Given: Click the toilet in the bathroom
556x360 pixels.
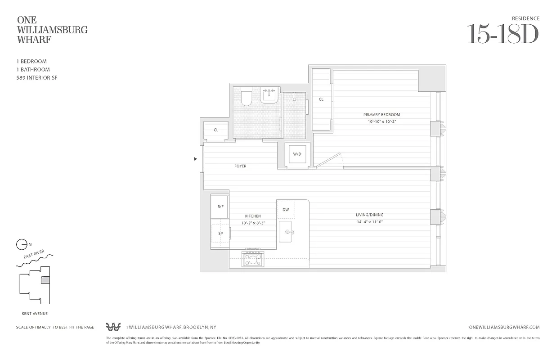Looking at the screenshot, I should point(246,96).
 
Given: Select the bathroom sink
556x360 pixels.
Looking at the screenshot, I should point(269,96).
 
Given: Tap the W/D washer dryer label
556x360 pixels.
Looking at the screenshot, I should point(297,154).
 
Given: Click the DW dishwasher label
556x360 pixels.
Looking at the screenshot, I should point(286,210).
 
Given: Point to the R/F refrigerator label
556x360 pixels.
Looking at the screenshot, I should point(220,207).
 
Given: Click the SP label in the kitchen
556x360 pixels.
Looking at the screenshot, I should point(220,234).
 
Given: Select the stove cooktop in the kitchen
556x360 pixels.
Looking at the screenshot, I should point(253,259).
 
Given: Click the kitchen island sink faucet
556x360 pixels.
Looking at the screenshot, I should point(289,232).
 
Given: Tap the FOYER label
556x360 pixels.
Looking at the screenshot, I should point(240,166).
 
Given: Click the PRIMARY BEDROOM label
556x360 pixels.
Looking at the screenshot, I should point(381,115).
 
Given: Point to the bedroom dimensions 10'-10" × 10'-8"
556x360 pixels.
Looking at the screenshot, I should point(381,121).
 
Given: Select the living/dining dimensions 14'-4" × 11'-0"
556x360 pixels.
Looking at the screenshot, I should point(369,222).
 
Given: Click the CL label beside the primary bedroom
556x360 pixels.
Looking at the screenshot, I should point(321,99).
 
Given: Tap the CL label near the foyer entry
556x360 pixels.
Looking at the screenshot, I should point(216,130).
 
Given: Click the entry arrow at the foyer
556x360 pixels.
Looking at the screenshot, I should point(195,159).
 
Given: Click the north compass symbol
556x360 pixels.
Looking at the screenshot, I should point(22,245).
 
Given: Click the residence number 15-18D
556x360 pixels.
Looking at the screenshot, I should point(503,34).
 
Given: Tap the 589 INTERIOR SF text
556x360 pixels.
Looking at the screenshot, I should point(36,78).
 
